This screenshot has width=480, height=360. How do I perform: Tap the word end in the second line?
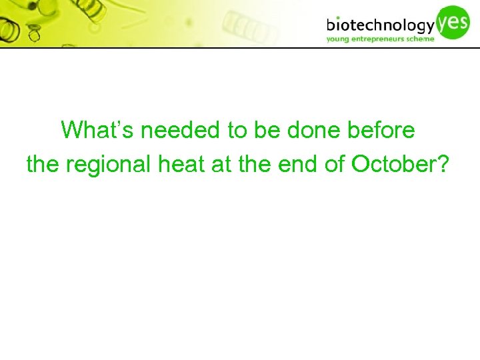302,163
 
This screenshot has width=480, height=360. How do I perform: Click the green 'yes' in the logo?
454,21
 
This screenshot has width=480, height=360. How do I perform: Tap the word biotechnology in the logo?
381,26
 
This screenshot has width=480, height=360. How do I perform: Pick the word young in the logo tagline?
339,39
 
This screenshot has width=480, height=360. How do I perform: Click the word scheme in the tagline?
421,39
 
